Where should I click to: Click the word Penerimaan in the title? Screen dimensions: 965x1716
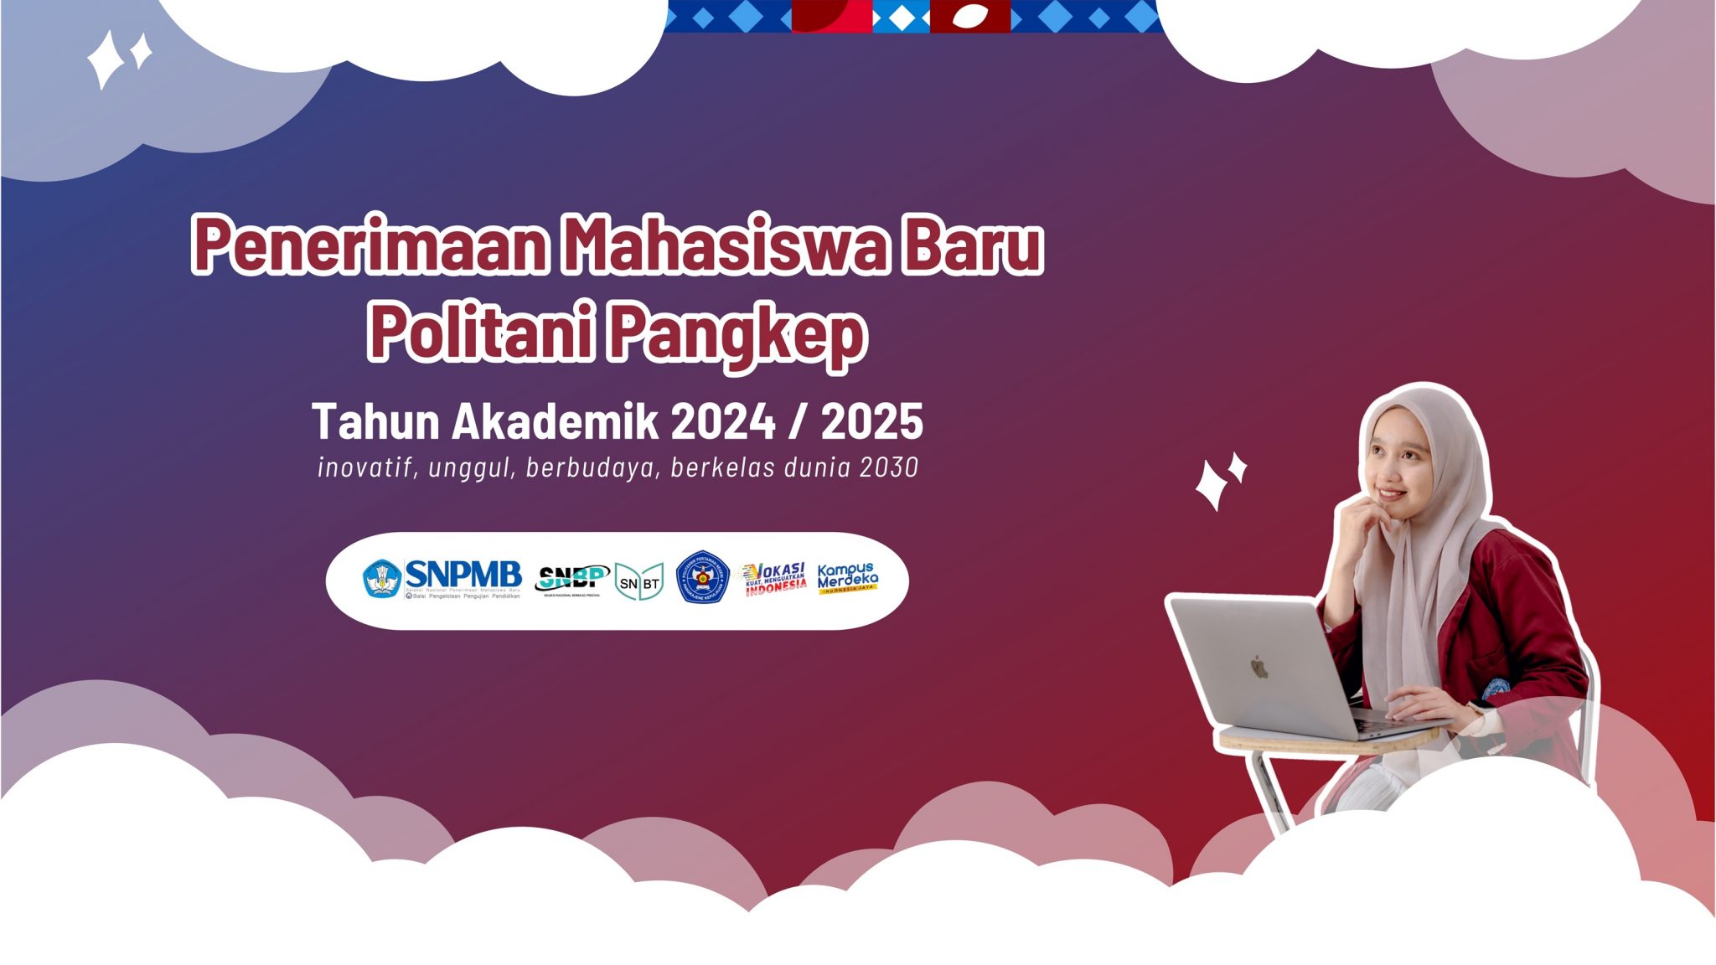pos(369,245)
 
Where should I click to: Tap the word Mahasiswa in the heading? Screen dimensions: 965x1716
pos(723,245)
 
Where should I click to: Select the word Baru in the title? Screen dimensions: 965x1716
pos(972,245)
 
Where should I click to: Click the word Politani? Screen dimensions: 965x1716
pos(482,333)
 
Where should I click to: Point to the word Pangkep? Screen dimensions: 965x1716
pos(736,335)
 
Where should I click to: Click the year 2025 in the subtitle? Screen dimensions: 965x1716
pos(871,421)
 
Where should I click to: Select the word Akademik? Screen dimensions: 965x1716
pos(555,421)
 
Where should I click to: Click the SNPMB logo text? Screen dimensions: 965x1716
pos(463,575)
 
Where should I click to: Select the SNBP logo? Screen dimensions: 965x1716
pos(571,578)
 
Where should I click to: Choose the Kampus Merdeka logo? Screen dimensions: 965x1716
pos(847,577)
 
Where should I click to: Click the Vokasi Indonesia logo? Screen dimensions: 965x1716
pos(775,578)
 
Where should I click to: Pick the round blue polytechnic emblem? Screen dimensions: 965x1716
pos(702,578)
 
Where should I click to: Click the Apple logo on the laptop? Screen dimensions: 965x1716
pos(1259,668)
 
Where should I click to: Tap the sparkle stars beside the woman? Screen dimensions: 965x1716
pos(1220,481)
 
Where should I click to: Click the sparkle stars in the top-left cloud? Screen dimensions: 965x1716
pos(118,58)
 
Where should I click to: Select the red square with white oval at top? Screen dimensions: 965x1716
pos(969,16)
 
